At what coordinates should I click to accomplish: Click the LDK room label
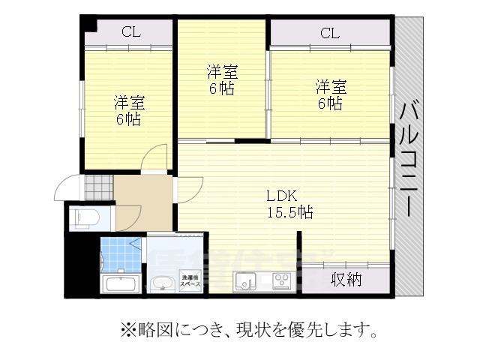pos(282,196)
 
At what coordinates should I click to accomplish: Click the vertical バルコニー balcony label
pos(410,158)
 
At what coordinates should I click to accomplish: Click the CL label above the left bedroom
pos(131,31)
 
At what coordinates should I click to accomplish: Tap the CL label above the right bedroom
pos(330,33)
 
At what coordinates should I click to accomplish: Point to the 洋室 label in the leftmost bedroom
pos(129,102)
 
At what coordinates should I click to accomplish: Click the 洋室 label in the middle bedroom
pos(222,73)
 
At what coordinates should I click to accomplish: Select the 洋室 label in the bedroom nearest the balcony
pos(330,86)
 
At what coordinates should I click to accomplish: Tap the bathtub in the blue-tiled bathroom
pos(121,283)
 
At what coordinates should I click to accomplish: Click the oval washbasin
pos(161,283)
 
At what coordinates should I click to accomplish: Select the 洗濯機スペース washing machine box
pos(190,282)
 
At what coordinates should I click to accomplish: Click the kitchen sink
pos(245,281)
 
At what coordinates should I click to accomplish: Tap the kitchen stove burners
pos(282,281)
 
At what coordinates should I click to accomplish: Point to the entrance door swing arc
pos(66,184)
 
